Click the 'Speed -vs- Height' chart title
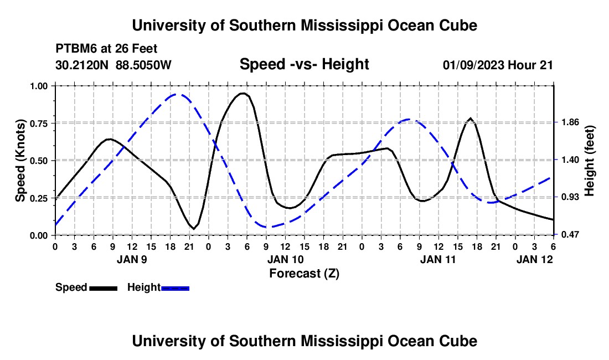tap(304, 64)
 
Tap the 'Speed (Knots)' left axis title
tap(20, 160)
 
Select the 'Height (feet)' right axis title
tap(589, 161)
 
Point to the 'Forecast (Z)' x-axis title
tap(304, 273)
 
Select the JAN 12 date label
tap(534, 259)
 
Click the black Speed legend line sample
tap(103, 288)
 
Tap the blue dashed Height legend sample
tap(176, 288)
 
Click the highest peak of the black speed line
tap(242, 94)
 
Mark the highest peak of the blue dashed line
tap(176, 95)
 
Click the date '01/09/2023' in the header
tap(473, 65)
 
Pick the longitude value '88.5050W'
tap(143, 65)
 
